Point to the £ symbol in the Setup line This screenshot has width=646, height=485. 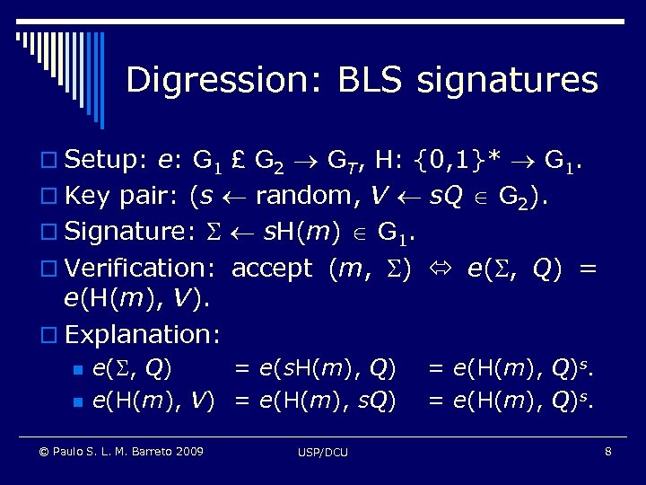[240, 161]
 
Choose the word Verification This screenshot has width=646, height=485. [138, 268]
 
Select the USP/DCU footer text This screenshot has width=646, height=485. [323, 452]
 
